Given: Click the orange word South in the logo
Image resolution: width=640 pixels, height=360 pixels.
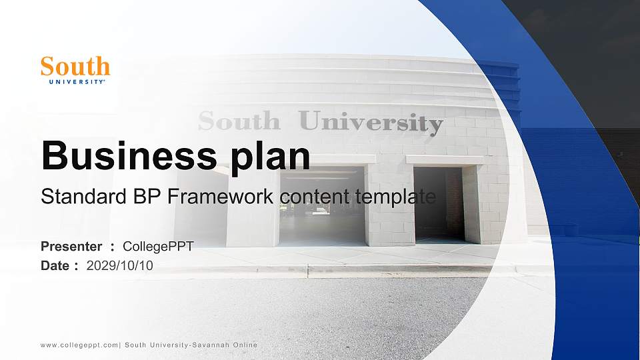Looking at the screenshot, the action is click(75, 66).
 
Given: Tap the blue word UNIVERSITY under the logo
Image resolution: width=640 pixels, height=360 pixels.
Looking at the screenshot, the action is click(77, 81).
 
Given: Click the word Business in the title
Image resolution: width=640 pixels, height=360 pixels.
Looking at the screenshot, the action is click(129, 155).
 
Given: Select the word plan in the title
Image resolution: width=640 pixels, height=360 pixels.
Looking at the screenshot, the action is click(270, 157).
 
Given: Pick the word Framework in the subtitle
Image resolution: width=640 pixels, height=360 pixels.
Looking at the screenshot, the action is click(220, 196).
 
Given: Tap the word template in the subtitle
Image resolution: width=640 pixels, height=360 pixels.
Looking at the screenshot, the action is click(395, 197).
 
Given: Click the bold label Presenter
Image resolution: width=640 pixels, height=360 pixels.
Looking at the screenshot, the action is click(71, 246).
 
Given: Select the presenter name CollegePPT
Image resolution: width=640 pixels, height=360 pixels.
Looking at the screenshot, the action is click(159, 247).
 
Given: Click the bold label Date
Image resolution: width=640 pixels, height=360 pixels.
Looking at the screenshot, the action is click(55, 265).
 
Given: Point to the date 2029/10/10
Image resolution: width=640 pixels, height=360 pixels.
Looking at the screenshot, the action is click(119, 265).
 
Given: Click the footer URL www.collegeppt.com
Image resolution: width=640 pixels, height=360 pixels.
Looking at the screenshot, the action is click(79, 345).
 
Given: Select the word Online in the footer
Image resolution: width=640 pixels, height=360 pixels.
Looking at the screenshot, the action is click(245, 345).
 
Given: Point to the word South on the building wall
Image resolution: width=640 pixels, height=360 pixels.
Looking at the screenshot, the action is click(239, 121).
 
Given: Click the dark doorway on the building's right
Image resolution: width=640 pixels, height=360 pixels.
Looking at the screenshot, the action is click(439, 205).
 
